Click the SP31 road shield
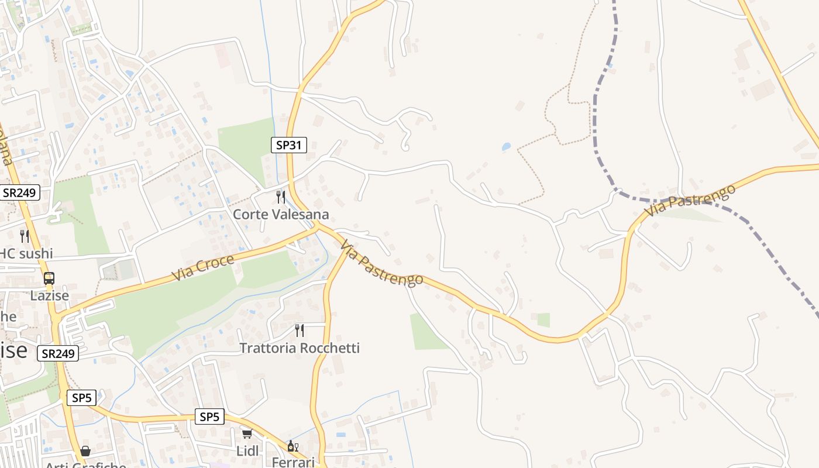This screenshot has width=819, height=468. tap(289, 145)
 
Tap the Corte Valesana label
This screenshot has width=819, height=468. tap(281, 215)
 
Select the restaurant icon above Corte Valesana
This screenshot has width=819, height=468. tap(281, 197)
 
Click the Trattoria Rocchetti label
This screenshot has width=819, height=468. tap(300, 348)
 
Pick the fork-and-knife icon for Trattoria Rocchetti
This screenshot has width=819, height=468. tap(300, 331)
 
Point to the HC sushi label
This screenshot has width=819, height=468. tap(26, 253)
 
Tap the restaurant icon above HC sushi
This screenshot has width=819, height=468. tap(25, 236)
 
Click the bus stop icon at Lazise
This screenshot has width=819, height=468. tap(49, 278)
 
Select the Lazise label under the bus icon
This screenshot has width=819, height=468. tap(50, 295)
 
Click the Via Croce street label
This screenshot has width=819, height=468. tap(203, 267)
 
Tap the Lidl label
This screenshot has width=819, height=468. tap(247, 451)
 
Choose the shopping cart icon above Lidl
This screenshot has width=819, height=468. tap(247, 434)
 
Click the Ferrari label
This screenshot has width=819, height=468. tap(293, 462)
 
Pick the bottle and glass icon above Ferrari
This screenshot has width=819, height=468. tap(292, 446)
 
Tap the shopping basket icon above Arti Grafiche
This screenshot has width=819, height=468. tap(85, 451)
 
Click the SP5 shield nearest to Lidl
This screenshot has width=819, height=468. tap(209, 417)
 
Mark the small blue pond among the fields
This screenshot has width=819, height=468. tap(506, 147)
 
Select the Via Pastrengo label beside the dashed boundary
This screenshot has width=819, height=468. tap(690, 201)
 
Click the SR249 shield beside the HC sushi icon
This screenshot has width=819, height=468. tap(20, 192)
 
